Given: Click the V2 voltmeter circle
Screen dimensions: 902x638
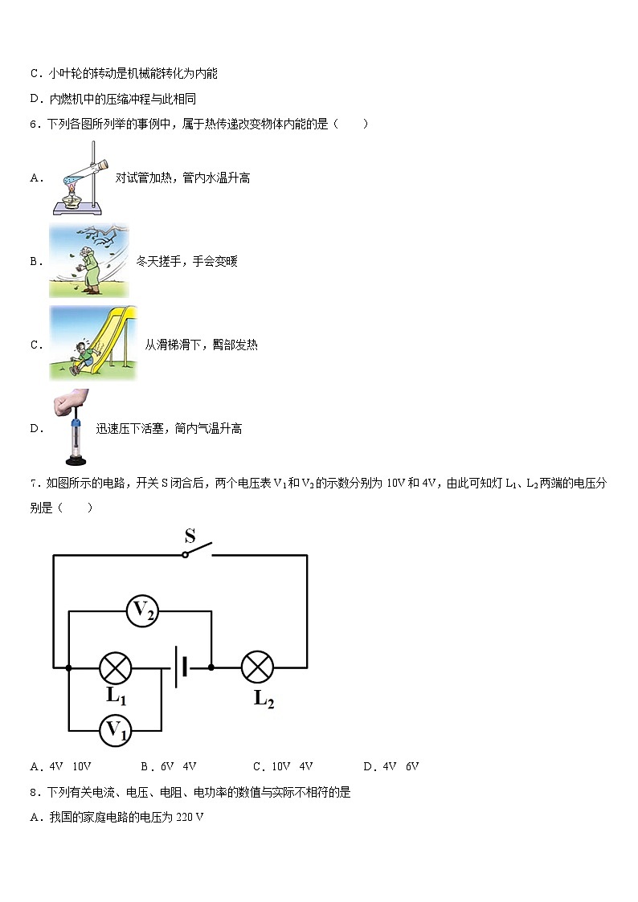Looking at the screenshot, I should [x=143, y=611].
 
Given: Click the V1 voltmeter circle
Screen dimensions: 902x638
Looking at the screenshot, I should [x=116, y=730].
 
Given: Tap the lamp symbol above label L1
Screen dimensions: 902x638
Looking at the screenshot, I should [x=115, y=667].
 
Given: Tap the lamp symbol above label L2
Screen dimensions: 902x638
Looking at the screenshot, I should [x=257, y=667].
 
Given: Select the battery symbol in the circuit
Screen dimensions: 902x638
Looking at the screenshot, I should [x=181, y=667].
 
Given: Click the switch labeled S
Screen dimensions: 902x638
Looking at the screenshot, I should [x=198, y=550].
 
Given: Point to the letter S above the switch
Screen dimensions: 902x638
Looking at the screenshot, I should [x=190, y=535].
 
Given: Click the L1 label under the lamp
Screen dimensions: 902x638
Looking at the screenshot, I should [x=116, y=696].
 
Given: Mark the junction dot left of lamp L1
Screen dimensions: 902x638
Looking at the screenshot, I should [x=68, y=667].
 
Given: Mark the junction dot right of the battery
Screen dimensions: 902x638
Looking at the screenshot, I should [x=211, y=667].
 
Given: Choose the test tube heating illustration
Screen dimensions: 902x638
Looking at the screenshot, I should [x=80, y=178].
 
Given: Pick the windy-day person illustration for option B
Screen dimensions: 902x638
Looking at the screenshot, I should [x=88, y=261].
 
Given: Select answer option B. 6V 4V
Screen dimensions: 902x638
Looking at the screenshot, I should [x=168, y=766].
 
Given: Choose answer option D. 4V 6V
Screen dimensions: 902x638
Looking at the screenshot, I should [x=391, y=766].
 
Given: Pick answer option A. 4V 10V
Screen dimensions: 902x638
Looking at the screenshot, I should [x=60, y=766].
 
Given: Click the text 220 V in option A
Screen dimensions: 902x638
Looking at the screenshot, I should [x=190, y=817].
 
